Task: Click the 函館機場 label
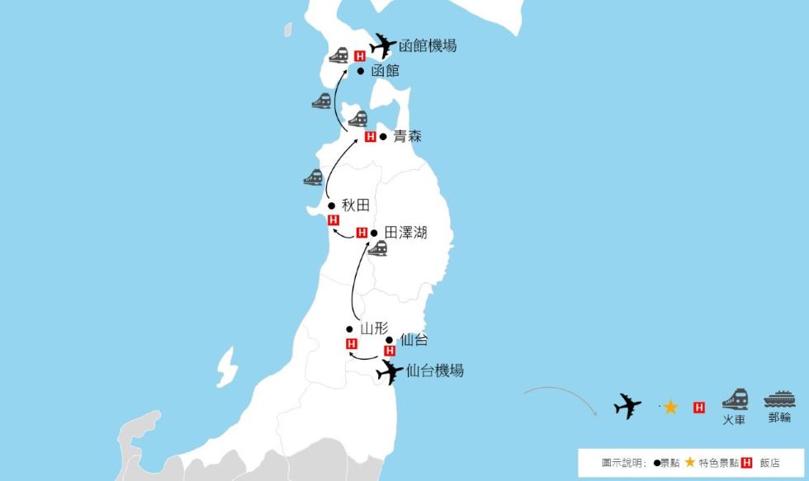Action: click(x=427, y=46)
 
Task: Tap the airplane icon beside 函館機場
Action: click(x=381, y=45)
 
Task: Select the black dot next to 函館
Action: click(x=361, y=72)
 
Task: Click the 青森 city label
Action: click(x=407, y=136)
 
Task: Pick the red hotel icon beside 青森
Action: click(x=371, y=137)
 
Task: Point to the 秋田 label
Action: click(x=354, y=205)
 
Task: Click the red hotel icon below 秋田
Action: click(x=334, y=220)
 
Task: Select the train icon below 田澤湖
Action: click(x=378, y=248)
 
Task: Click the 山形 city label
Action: click(x=374, y=328)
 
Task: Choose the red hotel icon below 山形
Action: click(x=352, y=344)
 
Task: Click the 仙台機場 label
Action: click(x=435, y=370)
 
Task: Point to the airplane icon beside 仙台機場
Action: click(x=390, y=372)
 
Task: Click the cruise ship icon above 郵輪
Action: click(x=779, y=398)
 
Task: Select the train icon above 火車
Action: click(x=735, y=399)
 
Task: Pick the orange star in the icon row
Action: click(x=670, y=407)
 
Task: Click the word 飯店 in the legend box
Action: click(x=769, y=463)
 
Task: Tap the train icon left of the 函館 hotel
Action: click(x=338, y=56)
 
